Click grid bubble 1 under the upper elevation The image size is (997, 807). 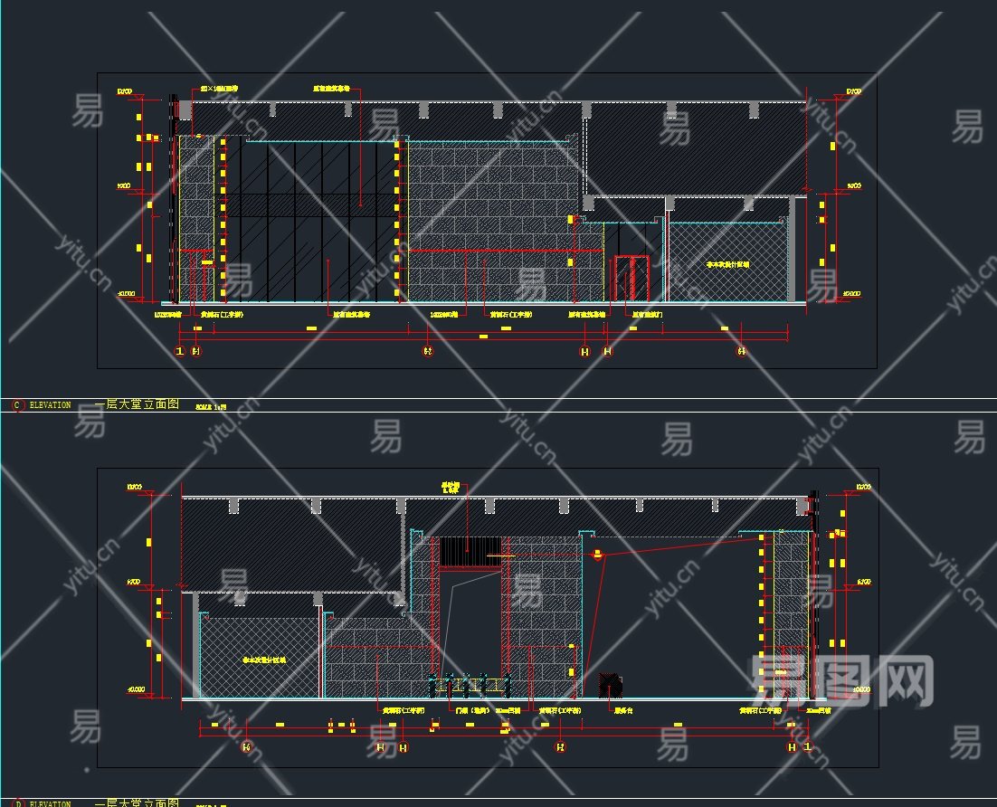click(x=180, y=351)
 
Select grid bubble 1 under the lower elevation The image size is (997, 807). click(x=808, y=747)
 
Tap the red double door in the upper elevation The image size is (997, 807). click(x=631, y=279)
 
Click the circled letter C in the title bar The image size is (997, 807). click(x=17, y=405)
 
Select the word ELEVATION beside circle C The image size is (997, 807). click(x=50, y=405)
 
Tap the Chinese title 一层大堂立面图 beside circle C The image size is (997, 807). click(x=137, y=404)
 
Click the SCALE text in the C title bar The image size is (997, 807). click(x=211, y=407)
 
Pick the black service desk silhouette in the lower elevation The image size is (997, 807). click(x=612, y=684)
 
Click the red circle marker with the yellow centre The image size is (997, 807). click(x=597, y=555)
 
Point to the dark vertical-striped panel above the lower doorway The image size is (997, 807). click(x=470, y=551)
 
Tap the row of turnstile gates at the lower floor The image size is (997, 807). click(x=469, y=685)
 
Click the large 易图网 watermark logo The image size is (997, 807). click(x=842, y=679)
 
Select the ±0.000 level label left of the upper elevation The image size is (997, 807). click(x=126, y=294)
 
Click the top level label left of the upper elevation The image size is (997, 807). click(x=125, y=91)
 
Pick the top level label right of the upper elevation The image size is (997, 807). click(x=853, y=91)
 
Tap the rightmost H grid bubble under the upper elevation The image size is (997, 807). click(x=742, y=351)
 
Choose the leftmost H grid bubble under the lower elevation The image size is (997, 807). click(x=246, y=747)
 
